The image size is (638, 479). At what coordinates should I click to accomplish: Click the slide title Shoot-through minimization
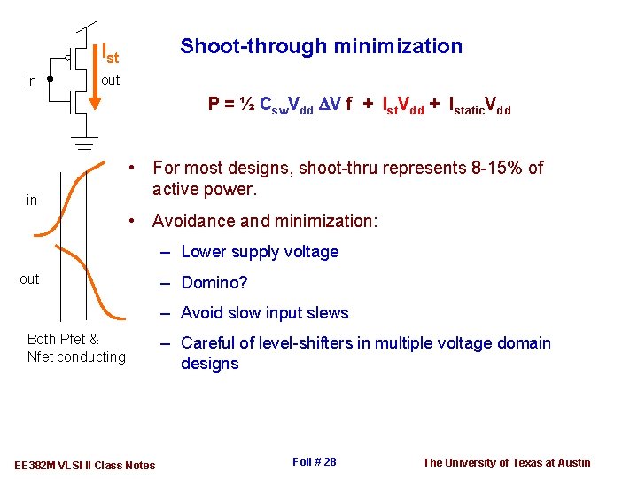pos(321,46)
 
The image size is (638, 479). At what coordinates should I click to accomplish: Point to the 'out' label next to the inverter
pos(111,81)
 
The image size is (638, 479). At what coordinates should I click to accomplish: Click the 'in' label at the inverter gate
pos(31,82)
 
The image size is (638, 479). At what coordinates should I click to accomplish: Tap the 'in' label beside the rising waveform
pos(32,200)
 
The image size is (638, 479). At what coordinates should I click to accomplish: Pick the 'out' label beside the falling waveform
pos(29,279)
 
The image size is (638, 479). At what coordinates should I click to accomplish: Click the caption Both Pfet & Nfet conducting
pos(76,348)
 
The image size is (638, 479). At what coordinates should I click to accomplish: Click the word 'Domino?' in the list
pos(214,283)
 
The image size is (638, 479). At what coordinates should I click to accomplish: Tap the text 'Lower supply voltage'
pos(260,252)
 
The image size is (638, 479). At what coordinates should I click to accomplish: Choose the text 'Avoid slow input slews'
pos(265,313)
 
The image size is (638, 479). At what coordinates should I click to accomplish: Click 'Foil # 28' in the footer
pos(314,462)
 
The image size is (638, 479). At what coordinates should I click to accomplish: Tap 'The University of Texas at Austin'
pos(506,462)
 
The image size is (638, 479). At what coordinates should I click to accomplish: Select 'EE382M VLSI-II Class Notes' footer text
pos(85,465)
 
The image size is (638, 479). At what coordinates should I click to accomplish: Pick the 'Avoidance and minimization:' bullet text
pos(265,221)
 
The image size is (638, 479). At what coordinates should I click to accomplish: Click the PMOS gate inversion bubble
pos(68,59)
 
